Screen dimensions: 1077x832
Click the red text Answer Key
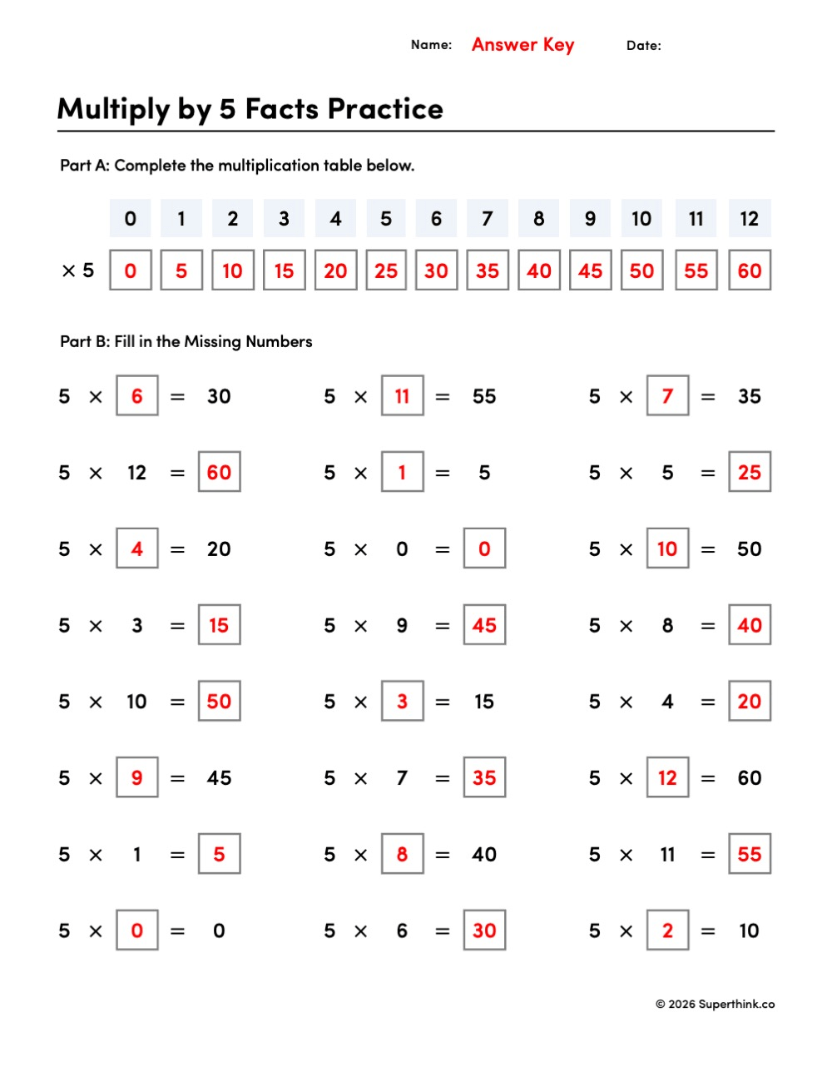click(522, 45)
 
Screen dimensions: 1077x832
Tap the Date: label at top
click(643, 46)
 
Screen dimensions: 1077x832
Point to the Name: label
click(431, 45)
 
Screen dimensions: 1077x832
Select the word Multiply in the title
click(114, 109)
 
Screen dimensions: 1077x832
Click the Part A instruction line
click(237, 166)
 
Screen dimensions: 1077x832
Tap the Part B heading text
click(186, 341)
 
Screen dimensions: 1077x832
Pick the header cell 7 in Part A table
click(488, 219)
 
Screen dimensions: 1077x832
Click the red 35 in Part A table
click(488, 270)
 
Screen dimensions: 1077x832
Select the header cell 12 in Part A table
click(749, 219)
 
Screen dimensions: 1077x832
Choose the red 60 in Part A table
click(749, 270)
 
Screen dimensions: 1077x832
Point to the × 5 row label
click(78, 270)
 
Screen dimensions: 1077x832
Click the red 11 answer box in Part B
click(402, 396)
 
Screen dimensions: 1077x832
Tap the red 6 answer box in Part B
click(137, 396)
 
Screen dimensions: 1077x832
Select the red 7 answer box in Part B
click(667, 396)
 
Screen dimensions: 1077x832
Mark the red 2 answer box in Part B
click(667, 931)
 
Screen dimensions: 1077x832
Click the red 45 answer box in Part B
click(484, 625)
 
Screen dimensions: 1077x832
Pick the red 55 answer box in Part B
click(749, 854)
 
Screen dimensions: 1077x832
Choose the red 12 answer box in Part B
click(667, 778)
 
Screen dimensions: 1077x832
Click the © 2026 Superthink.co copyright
click(715, 1004)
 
